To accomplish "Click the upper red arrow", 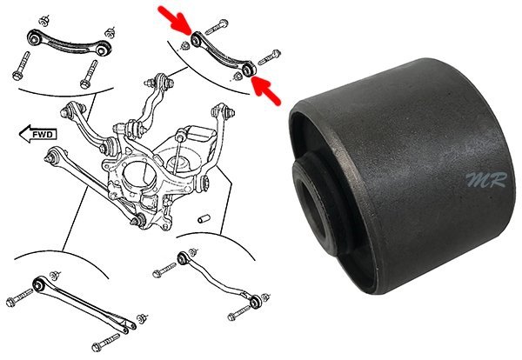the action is (x=175, y=20).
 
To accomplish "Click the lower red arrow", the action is (x=265, y=90).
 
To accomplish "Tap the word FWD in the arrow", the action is (x=43, y=135).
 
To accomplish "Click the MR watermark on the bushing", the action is (x=486, y=180).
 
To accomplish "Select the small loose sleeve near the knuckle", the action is (x=204, y=219).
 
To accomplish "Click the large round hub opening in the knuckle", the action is (x=139, y=175).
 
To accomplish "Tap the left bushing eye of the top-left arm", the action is (x=34, y=37).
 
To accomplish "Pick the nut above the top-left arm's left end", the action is (x=43, y=21).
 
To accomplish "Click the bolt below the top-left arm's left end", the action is (x=21, y=66).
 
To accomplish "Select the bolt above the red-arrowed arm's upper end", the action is (x=217, y=27).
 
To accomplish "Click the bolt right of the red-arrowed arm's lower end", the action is (x=270, y=57).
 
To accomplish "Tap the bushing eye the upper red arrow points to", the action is (x=196, y=41).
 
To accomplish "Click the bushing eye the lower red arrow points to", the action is (x=248, y=70).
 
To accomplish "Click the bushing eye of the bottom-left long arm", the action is (x=38, y=284).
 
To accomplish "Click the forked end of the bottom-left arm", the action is (x=128, y=324).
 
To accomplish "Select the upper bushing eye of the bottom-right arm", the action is (x=183, y=258).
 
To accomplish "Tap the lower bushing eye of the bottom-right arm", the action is (x=255, y=302).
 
